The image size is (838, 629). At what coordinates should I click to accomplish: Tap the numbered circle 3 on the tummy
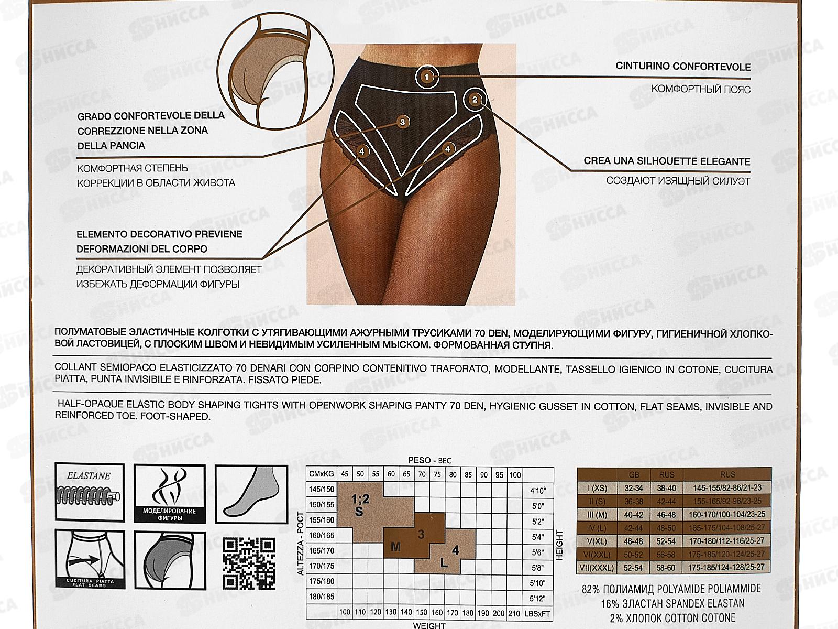tap(402, 122)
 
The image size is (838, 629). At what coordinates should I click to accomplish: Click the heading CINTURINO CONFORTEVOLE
tap(683, 67)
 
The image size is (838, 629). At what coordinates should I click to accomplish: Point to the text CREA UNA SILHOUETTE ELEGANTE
tap(667, 161)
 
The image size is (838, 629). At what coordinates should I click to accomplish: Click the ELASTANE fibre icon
tap(90, 491)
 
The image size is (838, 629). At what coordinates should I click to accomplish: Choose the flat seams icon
tap(90, 559)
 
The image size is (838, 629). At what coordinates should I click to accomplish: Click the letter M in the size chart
tap(395, 547)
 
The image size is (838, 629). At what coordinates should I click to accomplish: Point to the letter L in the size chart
tap(444, 563)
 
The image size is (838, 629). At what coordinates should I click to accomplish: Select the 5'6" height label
tap(538, 552)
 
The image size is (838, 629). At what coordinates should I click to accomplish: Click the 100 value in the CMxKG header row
tap(515, 475)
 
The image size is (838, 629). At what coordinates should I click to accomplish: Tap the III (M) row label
tap(597, 514)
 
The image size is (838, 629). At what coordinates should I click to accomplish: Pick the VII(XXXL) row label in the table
tap(597, 567)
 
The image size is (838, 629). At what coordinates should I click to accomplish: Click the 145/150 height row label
tap(322, 489)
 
